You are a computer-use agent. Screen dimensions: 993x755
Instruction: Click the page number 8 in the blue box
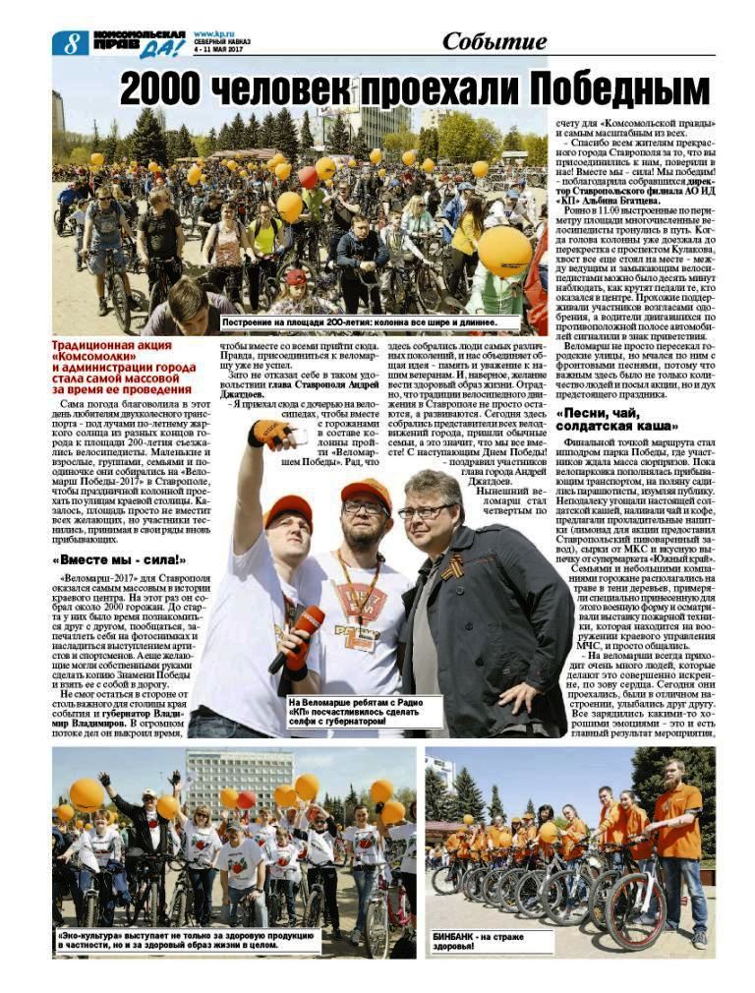coord(70,42)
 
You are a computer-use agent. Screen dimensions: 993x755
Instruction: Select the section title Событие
coord(494,41)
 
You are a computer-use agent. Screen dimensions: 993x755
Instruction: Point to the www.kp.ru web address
coord(213,34)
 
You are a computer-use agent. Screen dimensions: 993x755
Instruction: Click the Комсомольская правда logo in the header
coord(139,42)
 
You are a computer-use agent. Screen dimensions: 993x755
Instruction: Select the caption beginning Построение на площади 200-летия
coord(360,321)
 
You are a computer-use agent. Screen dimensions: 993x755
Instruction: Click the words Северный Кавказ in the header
coord(222,42)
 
